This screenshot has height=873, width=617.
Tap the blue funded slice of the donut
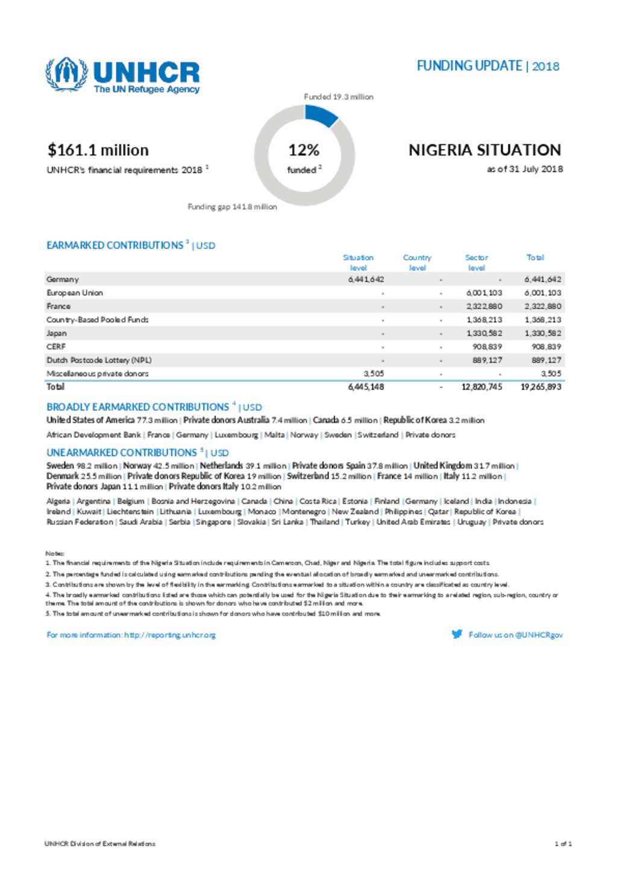[321, 114]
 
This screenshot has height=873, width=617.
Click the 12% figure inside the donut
[304, 150]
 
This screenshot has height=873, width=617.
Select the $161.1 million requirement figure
[98, 150]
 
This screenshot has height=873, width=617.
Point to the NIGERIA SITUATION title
[484, 150]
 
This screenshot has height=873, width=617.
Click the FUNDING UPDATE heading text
[469, 66]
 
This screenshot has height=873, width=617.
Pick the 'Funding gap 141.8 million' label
[232, 207]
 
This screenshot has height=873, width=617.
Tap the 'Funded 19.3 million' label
[338, 96]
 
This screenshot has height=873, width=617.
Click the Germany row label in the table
[63, 280]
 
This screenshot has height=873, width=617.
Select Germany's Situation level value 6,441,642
[366, 280]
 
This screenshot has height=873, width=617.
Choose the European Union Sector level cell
[484, 293]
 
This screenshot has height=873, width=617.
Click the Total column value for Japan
[542, 333]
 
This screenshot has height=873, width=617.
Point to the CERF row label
[56, 346]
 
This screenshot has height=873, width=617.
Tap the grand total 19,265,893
[540, 387]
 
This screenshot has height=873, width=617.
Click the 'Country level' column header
[417, 262]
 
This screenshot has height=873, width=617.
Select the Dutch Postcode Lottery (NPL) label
[99, 360]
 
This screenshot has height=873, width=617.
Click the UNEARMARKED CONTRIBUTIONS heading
[122, 452]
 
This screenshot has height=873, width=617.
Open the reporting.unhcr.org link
[169, 635]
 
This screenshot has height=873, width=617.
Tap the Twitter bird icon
[457, 634]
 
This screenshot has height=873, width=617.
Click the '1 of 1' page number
[563, 843]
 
